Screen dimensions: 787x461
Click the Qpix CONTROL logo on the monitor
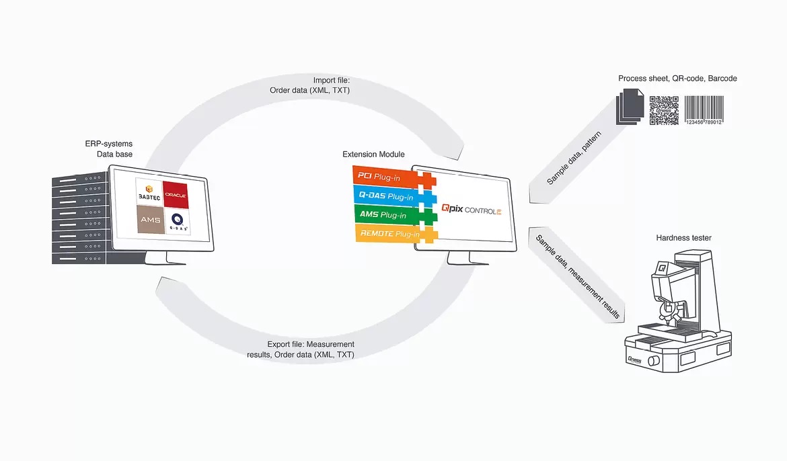pos(472,209)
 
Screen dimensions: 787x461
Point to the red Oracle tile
pos(176,195)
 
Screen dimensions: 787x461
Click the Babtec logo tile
pos(149,193)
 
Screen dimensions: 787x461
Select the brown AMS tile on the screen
pos(151,219)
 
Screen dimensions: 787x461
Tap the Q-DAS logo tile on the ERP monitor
pos(177,221)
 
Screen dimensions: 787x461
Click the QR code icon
pos(663,110)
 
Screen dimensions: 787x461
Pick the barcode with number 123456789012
pos(704,110)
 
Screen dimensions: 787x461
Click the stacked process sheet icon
pos(630,106)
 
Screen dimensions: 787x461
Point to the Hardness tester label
pos(683,238)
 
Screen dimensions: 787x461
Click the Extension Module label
pos(373,154)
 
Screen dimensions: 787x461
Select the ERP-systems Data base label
pos(109,149)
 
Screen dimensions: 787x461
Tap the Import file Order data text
pos(309,85)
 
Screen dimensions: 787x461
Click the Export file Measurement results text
pos(301,349)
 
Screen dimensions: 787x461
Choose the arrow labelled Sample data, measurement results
pos(576,276)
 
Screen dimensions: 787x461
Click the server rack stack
pos(79,218)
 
